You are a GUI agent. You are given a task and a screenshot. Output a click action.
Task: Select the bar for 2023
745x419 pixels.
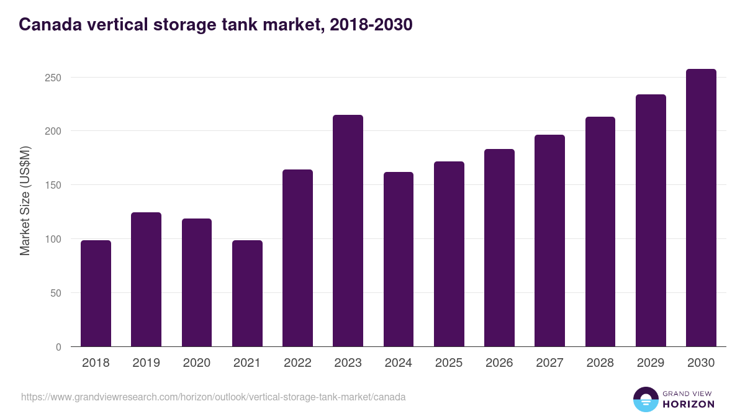(348, 231)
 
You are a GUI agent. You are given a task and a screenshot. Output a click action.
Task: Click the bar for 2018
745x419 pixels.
(96, 294)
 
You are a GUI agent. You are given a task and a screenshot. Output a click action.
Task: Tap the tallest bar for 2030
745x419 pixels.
(701, 208)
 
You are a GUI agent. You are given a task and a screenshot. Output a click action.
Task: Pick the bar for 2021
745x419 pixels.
(247, 294)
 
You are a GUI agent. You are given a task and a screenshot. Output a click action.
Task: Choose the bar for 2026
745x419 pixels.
(499, 248)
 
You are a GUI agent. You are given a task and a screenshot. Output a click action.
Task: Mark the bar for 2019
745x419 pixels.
(146, 279)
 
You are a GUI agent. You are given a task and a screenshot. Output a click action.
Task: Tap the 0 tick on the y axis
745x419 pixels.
(58, 347)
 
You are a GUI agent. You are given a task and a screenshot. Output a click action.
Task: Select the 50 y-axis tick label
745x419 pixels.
(55, 293)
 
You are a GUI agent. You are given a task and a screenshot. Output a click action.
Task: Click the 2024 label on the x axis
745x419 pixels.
(398, 363)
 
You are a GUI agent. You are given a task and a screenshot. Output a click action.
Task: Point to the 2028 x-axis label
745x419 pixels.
(600, 363)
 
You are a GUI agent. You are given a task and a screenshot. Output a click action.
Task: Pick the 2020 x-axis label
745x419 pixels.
(196, 363)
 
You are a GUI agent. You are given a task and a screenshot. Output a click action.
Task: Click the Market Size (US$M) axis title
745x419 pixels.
(25, 200)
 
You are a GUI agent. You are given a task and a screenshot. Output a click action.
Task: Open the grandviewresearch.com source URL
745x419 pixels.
(213, 397)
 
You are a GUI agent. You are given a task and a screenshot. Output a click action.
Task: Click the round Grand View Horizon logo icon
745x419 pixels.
(645, 399)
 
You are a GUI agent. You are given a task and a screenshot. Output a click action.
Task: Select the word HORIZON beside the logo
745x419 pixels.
(689, 404)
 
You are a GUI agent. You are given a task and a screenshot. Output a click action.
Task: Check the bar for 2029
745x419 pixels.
(651, 220)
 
